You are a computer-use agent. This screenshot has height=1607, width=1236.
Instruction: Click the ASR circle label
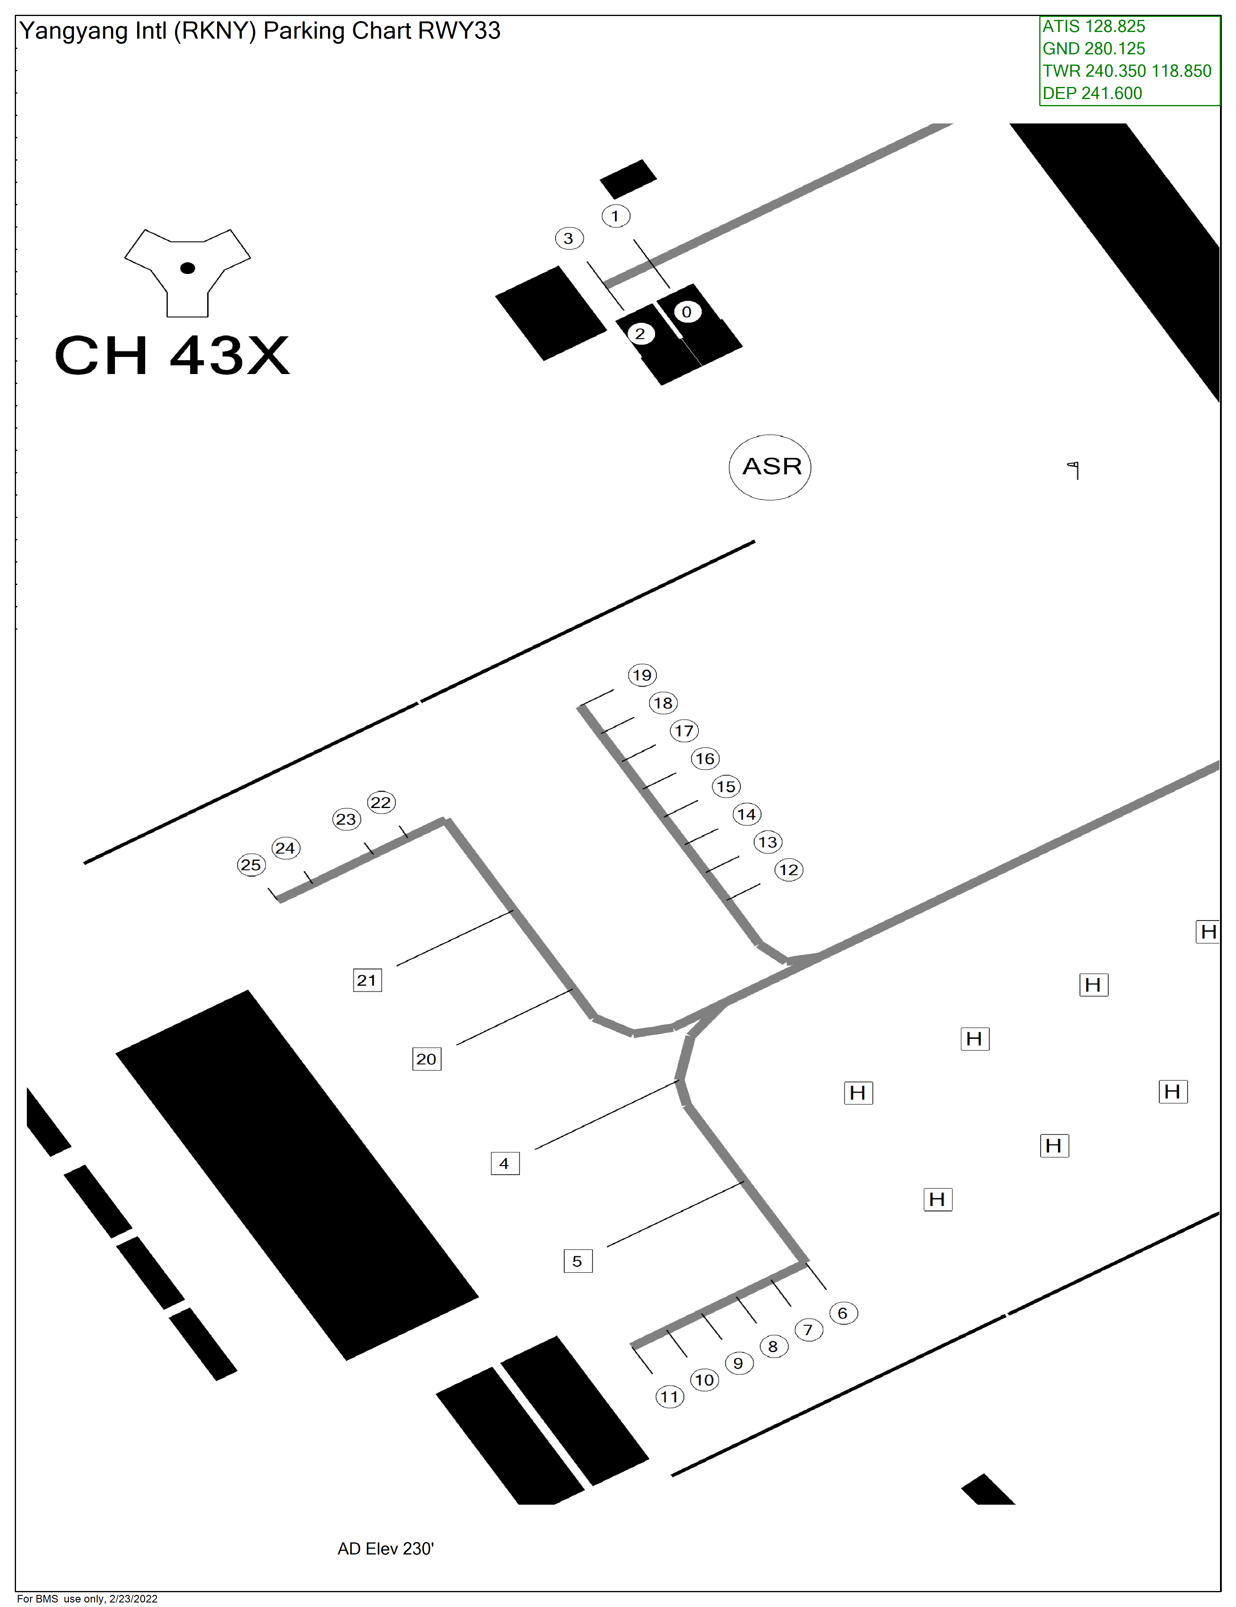pos(770,467)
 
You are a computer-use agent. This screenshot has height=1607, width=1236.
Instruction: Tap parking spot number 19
pos(642,675)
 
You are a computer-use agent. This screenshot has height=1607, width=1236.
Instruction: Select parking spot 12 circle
pos(789,870)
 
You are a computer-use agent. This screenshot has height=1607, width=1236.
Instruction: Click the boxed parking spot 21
pos(367,980)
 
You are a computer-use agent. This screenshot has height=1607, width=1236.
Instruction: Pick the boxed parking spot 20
pos(427,1059)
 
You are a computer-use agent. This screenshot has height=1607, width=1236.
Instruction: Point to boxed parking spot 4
pos(505,1163)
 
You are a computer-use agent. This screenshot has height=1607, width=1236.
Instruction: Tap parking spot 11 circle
pos(670,1397)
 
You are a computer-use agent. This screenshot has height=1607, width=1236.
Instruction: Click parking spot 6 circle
pos(843,1313)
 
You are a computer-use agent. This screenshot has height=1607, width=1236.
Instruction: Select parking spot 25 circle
pos(251,864)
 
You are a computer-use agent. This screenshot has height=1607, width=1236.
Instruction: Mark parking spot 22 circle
pos(381,802)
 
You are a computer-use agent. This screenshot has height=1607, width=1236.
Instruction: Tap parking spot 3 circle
pos(569,238)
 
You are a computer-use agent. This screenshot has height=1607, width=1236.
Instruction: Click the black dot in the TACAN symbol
pos(188,268)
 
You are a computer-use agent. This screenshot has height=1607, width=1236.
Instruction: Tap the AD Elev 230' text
pos(386,1549)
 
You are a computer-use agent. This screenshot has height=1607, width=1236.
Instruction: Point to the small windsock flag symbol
pos(1075,469)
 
